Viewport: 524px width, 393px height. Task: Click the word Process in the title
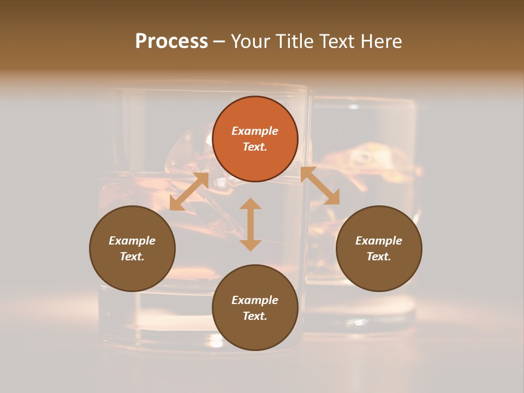pos(171,41)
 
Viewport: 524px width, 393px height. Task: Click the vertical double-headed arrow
pos(251,224)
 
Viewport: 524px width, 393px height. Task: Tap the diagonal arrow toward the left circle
pos(189,192)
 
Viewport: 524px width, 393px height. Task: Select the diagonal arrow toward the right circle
pos(320,186)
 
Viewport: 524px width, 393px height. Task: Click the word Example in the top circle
pos(255,131)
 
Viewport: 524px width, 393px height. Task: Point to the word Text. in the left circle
pos(132,257)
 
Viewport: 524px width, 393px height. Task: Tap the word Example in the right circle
pos(379,241)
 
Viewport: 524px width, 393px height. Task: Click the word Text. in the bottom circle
pos(255,316)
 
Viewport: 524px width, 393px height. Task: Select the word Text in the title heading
pos(337,41)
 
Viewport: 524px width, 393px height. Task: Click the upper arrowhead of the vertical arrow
pos(251,204)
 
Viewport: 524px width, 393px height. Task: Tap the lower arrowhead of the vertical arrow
pos(251,245)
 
